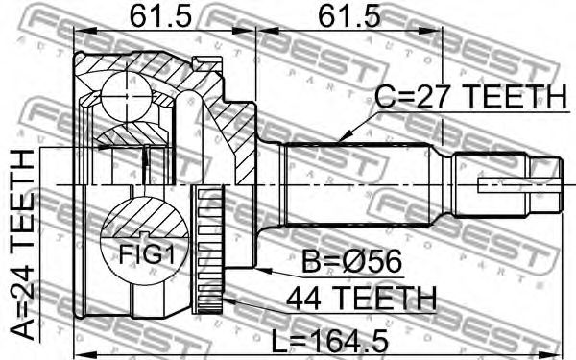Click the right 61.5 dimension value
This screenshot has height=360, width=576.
[x=348, y=16]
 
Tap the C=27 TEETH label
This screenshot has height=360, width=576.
[x=471, y=96]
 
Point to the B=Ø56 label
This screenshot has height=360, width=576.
[x=351, y=262]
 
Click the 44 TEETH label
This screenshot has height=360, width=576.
[x=362, y=299]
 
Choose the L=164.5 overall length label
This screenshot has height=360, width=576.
[x=329, y=341]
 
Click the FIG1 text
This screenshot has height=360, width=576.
[x=146, y=254]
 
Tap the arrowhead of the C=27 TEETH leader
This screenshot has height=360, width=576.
[x=340, y=139]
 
